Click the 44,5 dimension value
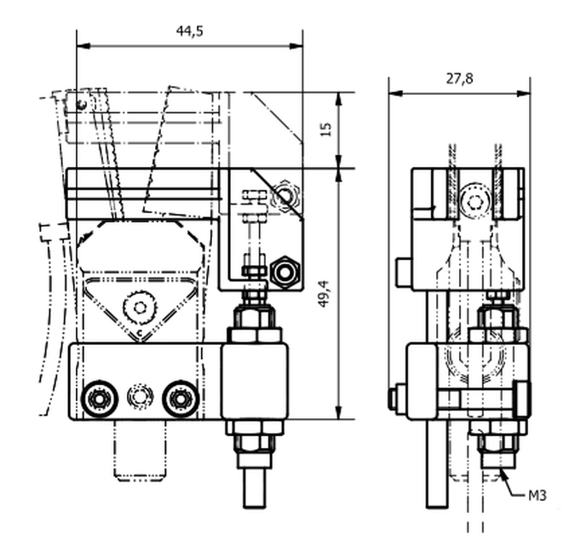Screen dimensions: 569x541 [189, 32]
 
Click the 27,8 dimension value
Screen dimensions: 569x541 [459, 78]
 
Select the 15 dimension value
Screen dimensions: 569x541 [326, 129]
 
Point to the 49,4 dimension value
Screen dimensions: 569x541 [324, 294]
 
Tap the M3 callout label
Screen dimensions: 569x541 [537, 496]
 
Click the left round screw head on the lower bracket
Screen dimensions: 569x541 [99, 399]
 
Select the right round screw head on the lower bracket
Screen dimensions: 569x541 [180, 399]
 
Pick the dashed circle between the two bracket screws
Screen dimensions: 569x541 [140, 396]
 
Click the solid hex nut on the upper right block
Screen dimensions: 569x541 [285, 272]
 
